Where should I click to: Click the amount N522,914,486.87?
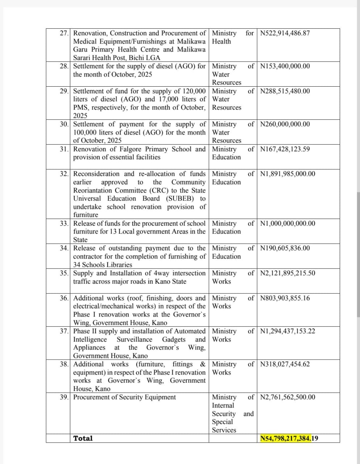pyautogui.click(x=285, y=33)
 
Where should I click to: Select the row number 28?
pyautogui.click(x=64, y=66)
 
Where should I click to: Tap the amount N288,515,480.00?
pyautogui.click(x=285, y=91)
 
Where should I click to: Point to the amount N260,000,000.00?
pyautogui.click(x=285, y=124)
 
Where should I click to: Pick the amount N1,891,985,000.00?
pyautogui.click(x=287, y=174)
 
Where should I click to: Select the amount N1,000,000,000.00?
pyautogui.click(x=287, y=224)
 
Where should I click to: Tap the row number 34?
pyautogui.click(x=64, y=248)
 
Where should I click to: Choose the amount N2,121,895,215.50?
pyautogui.click(x=287, y=273)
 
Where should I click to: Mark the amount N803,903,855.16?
pyautogui.click(x=285, y=298)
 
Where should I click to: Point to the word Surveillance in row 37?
pyautogui.click(x=134, y=340)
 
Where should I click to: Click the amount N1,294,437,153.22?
pyautogui.click(x=287, y=331)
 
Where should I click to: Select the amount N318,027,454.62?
pyautogui.click(x=285, y=364)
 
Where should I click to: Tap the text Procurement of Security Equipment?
pyautogui.click(x=124, y=397)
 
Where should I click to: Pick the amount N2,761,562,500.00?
pyautogui.click(x=287, y=397)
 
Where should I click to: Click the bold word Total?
pyautogui.click(x=83, y=438)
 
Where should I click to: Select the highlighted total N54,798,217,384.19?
pyautogui.click(x=289, y=439)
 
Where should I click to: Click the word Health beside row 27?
pyautogui.click(x=221, y=41)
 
